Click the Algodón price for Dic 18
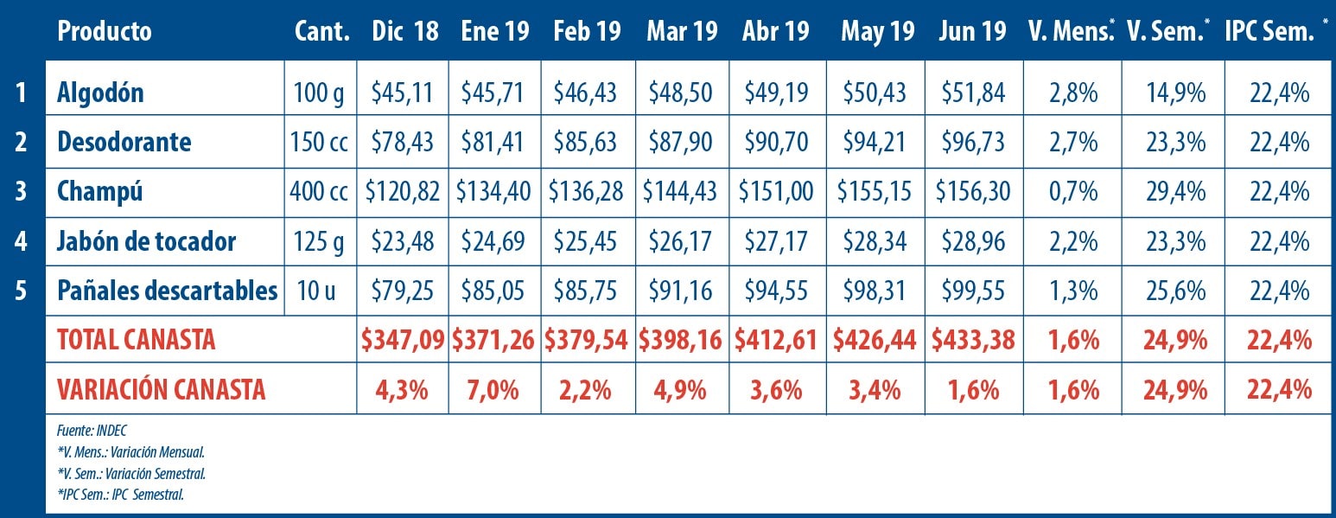coord(402,93)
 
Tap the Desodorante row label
coord(124,142)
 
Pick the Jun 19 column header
coord(972,32)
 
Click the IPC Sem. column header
coord(1269,32)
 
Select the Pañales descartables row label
coord(167,291)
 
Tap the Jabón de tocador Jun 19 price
coord(972,241)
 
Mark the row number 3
coord(22,191)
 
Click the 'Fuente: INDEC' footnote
coord(92,430)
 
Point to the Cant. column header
coord(321,32)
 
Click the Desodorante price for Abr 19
coord(776,142)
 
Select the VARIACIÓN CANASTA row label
coord(161,390)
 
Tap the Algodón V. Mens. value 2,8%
coord(1072,93)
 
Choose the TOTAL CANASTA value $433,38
coord(972,340)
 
